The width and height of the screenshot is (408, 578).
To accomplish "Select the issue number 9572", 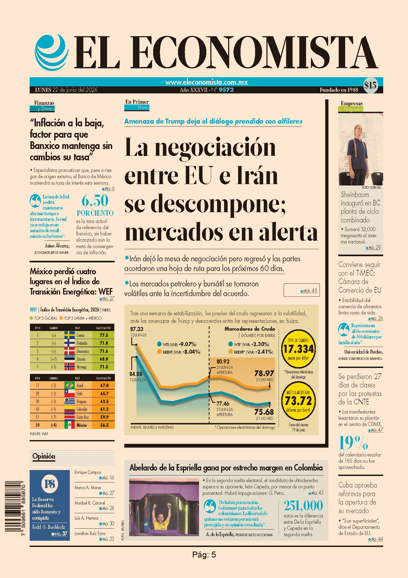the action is click(226, 90).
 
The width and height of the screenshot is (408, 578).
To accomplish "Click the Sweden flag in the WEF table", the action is click(70, 335).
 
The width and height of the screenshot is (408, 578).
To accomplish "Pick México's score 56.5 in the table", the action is click(104, 425).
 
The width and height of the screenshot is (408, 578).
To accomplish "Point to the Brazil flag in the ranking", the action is click(70, 386).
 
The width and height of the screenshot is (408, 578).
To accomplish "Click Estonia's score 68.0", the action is click(104, 359).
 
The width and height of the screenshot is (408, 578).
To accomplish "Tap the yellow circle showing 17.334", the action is click(298, 349).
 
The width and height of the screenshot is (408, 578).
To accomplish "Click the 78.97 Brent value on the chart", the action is click(264, 373).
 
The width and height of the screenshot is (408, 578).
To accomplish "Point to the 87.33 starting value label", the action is click(137, 329).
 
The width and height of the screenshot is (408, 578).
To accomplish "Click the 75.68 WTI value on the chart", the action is click(264, 412).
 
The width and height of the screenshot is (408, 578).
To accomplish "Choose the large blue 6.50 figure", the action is click(95, 201).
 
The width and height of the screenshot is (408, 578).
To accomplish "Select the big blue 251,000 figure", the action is click(303, 506).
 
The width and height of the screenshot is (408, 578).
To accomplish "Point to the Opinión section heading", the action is click(44, 456).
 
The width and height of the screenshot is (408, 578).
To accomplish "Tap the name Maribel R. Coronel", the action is click(90, 503).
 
